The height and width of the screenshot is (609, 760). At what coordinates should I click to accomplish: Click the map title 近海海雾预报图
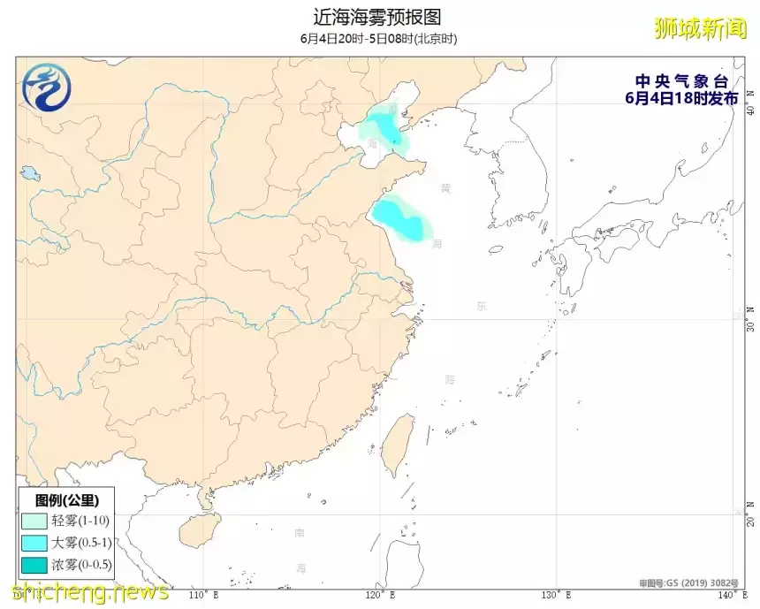point(377,17)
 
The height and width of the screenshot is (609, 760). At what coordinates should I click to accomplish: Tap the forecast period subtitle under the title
point(377,39)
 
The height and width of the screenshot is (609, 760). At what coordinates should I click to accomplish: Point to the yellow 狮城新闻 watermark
point(701,28)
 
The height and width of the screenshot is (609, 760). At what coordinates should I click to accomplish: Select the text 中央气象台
point(680,82)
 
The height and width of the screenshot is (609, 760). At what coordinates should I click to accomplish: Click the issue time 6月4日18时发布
point(680,98)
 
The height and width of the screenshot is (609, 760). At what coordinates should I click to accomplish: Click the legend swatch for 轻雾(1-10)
point(34,521)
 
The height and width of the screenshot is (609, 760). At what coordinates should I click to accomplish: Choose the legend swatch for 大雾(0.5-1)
point(34,543)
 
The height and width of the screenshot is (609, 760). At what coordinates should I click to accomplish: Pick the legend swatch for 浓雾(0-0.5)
point(34,564)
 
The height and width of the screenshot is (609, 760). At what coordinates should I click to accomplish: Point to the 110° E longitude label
point(204,595)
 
